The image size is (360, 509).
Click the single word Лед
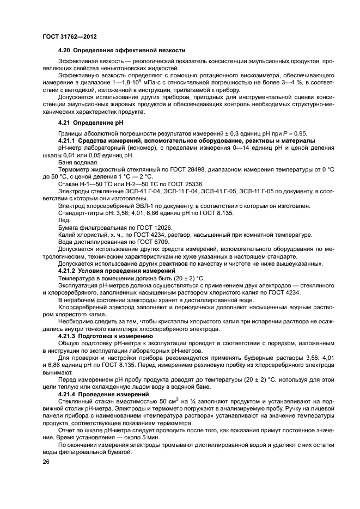click(x=64, y=220)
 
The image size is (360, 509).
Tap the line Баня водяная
click(x=78, y=162)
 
